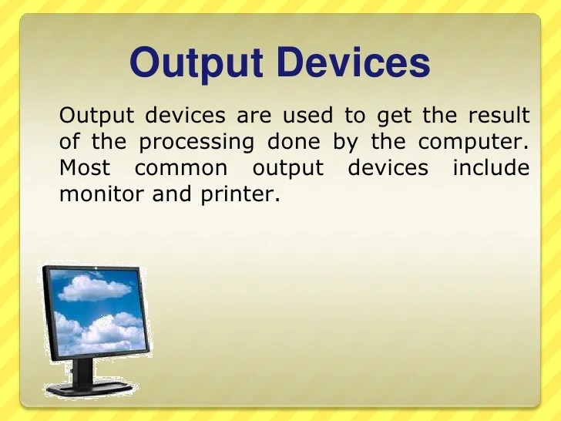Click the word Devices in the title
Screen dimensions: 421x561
(x=352, y=62)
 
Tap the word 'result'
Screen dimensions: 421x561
(x=499, y=116)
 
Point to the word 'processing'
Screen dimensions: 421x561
(x=196, y=143)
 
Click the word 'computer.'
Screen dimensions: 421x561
(x=475, y=143)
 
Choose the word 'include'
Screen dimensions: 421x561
(x=491, y=168)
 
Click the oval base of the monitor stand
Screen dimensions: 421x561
(x=87, y=386)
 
